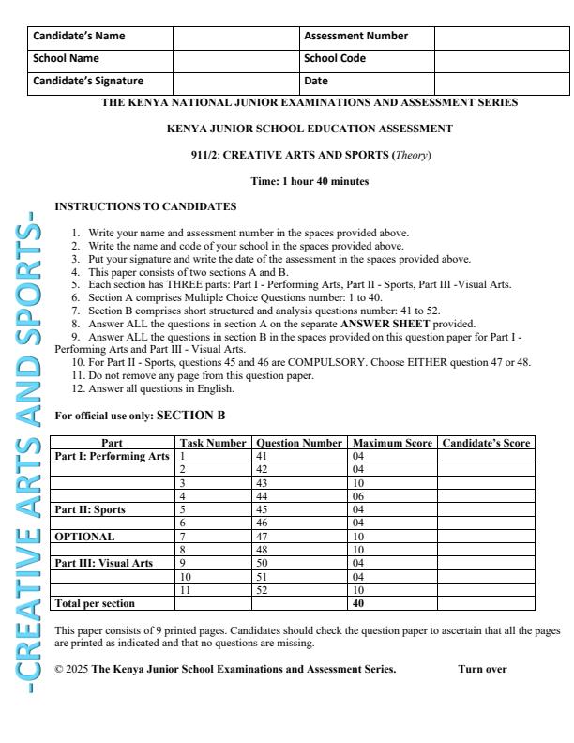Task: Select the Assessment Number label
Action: (x=355, y=37)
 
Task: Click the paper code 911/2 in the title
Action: (x=204, y=154)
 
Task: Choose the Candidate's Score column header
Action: (x=485, y=442)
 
